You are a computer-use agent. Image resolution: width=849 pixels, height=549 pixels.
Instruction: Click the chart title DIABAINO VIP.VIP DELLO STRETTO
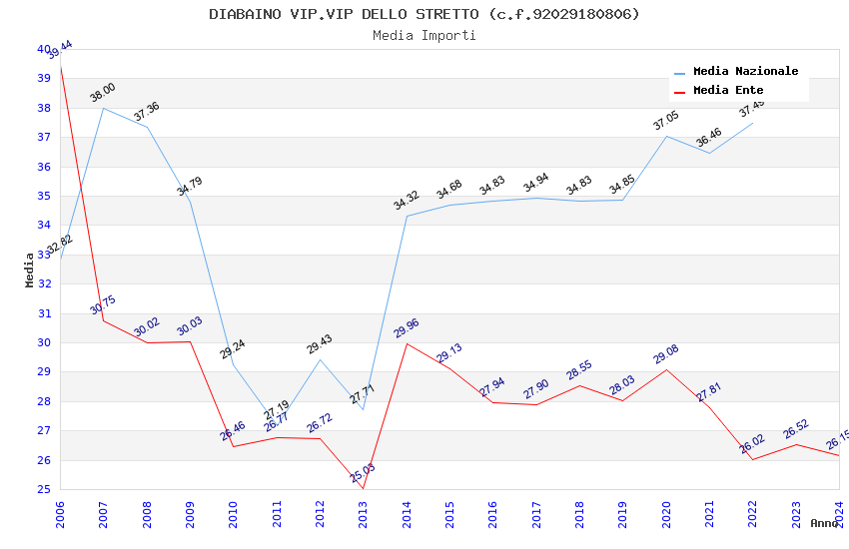point(424,14)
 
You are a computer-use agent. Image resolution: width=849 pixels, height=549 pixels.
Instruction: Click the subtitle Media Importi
point(424,35)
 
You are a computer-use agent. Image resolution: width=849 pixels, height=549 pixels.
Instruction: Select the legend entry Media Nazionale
point(745,72)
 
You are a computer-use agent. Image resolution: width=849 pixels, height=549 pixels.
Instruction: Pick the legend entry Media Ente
point(728,91)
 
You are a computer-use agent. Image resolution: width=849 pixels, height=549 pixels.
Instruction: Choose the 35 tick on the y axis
point(43,196)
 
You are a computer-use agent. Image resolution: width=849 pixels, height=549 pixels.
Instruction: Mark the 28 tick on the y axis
point(43,401)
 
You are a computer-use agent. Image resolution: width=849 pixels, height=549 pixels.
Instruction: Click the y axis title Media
point(30,270)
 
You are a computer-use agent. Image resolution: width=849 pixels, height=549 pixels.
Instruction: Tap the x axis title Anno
point(824,523)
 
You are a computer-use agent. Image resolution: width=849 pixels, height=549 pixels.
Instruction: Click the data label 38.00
point(103,93)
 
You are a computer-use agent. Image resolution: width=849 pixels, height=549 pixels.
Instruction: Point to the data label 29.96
point(407,328)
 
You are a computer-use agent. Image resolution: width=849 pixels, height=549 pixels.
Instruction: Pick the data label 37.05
point(666,121)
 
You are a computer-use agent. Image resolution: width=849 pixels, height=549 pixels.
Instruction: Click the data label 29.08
point(666,354)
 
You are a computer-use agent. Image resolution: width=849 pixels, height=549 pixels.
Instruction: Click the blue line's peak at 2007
point(103,108)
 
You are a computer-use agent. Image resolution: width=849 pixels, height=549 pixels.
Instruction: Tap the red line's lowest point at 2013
point(363,489)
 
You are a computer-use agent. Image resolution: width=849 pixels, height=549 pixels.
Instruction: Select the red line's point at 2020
point(666,369)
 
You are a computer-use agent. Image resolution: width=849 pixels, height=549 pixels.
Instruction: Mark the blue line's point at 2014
point(407,216)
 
